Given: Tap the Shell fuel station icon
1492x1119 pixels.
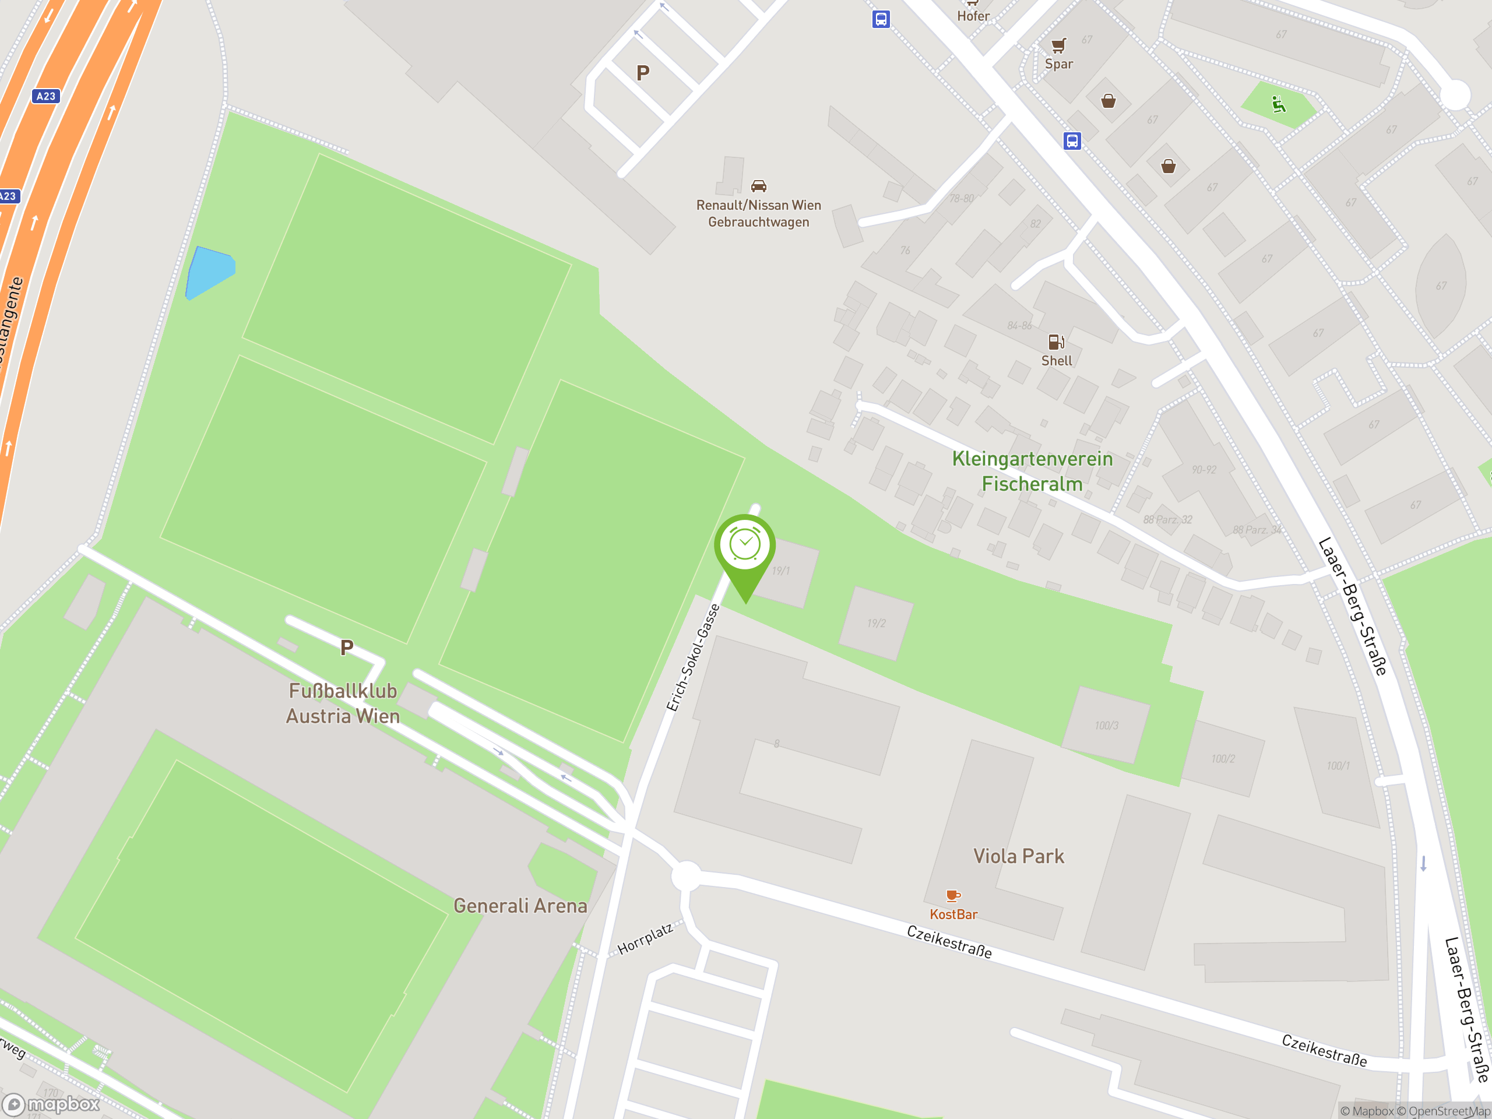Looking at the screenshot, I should point(1055,342).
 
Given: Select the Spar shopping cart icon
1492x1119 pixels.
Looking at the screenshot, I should point(1059,45).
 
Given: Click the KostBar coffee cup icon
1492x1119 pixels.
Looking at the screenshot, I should point(952,896).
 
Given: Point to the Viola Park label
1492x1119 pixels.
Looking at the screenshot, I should point(1019,857).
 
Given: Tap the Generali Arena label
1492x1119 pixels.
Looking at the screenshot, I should point(520,906).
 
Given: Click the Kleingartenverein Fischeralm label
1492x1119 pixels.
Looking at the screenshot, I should point(1032,471).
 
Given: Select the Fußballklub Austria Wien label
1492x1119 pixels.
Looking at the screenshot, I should point(343,703).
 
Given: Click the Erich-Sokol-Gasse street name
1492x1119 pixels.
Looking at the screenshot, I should point(694,657).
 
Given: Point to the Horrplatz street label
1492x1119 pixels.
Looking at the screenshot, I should point(646,939).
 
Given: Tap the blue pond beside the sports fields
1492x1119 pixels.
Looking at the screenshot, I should point(210,271).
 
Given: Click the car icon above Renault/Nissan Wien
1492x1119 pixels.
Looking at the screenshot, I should point(759,185).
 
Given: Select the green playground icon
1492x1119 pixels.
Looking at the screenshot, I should point(1278,104).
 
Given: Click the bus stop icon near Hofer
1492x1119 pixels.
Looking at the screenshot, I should point(881,19).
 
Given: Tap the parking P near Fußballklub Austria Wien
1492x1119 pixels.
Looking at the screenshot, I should point(347,648).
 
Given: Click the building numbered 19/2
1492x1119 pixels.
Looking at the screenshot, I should point(876,623).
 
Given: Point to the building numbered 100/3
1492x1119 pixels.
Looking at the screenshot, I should point(1106,726).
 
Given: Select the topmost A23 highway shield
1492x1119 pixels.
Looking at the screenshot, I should point(46,96).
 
